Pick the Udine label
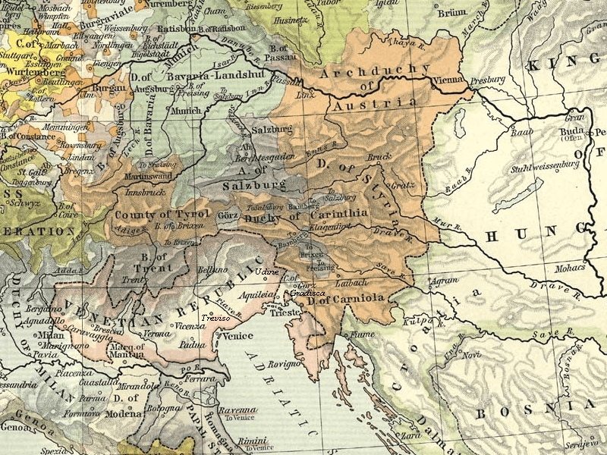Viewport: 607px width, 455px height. (266, 271)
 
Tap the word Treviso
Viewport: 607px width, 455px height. (216, 318)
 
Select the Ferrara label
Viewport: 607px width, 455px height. (193, 378)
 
